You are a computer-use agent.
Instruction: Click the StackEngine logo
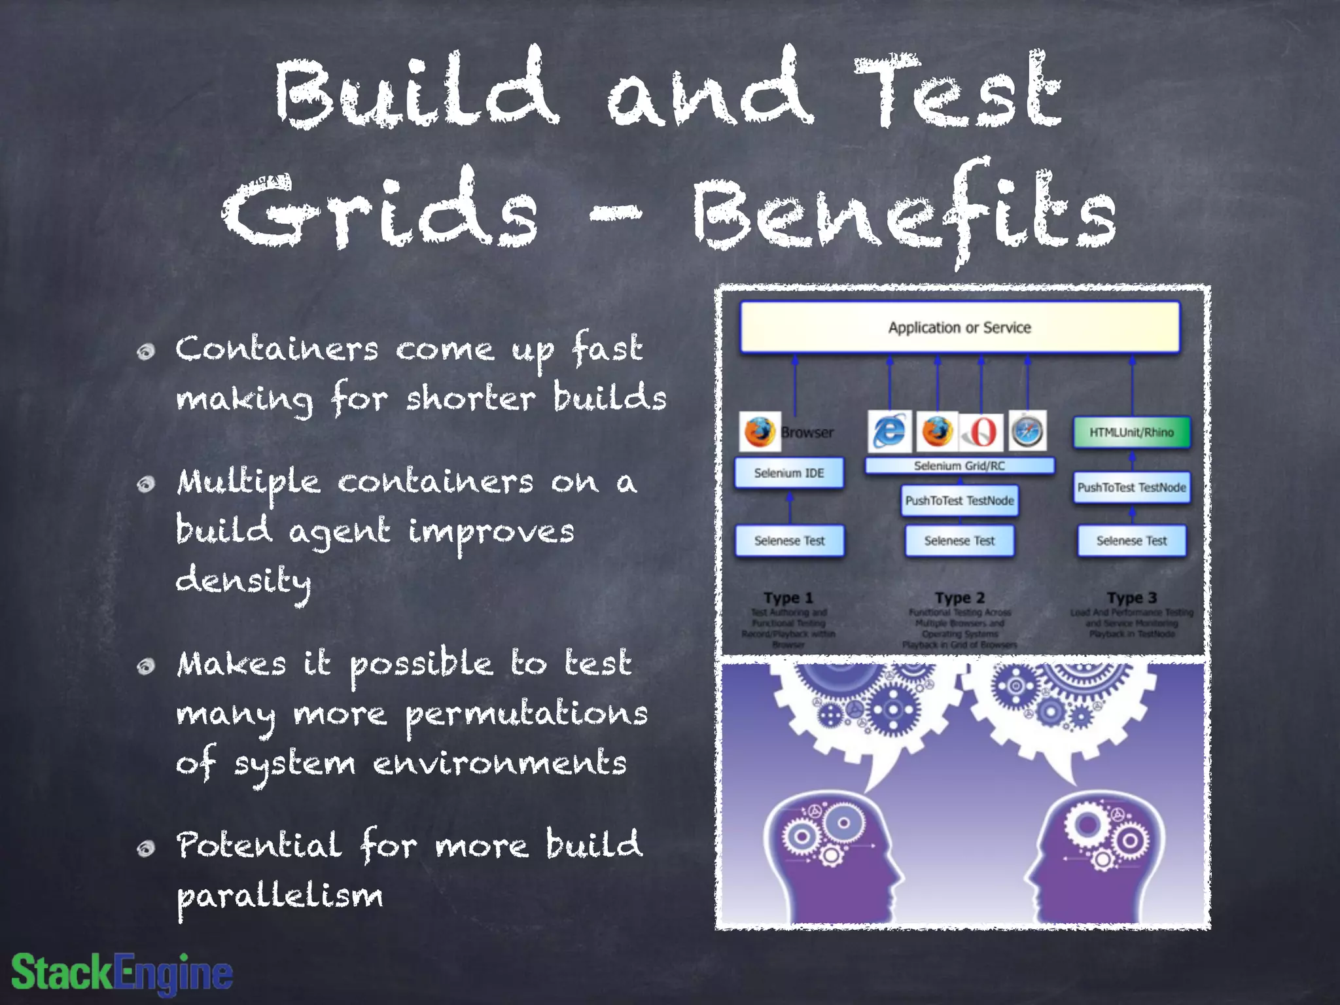pos(122,972)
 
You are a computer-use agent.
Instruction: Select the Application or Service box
pos(959,327)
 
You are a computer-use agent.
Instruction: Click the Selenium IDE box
pos(788,473)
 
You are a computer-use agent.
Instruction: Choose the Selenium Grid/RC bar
pos(959,466)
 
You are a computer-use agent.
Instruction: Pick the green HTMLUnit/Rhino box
pos(1131,432)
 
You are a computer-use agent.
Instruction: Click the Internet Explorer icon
pos(889,431)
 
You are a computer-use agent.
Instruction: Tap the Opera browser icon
pos(981,432)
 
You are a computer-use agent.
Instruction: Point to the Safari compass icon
pos(1027,431)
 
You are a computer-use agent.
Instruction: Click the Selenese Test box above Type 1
pos(789,541)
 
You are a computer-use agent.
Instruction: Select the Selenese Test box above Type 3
pos(1131,541)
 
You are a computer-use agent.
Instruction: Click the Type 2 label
pos(959,598)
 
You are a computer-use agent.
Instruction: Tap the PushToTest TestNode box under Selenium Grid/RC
pos(959,501)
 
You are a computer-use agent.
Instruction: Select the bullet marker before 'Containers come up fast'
pos(146,352)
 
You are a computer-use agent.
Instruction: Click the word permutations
pos(526,714)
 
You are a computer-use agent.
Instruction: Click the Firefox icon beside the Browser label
pos(759,432)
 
